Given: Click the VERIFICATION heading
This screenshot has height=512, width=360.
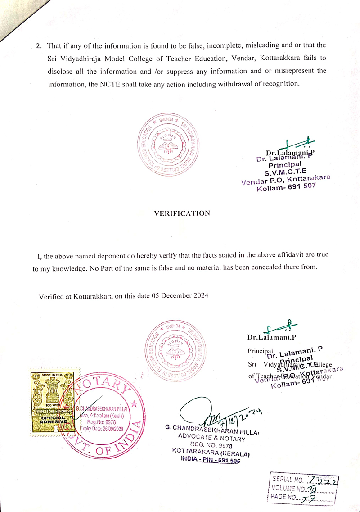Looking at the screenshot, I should click(182, 213).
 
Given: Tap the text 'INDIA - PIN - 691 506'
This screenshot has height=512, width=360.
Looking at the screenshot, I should click(211, 460).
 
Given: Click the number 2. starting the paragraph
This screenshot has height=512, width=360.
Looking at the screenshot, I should click(39, 46).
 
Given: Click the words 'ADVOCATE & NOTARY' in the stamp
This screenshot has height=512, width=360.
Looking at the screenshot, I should click(211, 438).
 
